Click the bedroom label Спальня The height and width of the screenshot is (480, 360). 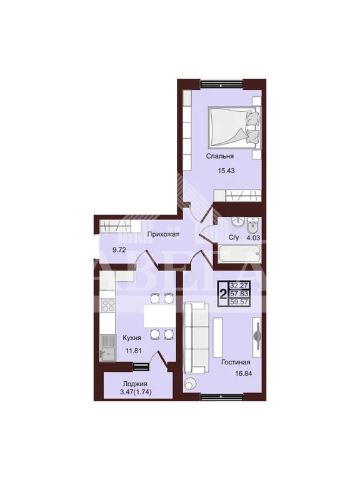click(219, 156)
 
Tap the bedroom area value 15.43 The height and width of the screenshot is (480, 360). click(226, 171)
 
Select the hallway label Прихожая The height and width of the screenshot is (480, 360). click(163, 234)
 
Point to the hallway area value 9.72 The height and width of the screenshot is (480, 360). click(119, 250)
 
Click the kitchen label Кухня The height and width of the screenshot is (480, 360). click(132, 337)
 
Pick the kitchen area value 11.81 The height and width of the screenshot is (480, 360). click(134, 351)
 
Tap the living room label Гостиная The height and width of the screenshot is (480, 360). click(236, 362)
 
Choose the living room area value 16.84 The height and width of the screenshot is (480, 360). click(244, 374)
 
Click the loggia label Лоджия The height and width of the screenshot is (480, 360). click(135, 384)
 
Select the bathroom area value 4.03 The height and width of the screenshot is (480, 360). click(253, 237)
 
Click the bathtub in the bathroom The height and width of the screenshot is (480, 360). click(239, 253)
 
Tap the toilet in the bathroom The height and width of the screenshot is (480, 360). click(252, 225)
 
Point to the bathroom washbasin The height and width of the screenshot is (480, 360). click(237, 222)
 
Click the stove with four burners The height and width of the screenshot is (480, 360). click(107, 305)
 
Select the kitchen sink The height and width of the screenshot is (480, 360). click(107, 348)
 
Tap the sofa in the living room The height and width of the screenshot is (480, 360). click(194, 337)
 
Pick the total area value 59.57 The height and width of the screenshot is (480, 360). click(240, 302)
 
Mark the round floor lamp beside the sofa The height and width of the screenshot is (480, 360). click(191, 383)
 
